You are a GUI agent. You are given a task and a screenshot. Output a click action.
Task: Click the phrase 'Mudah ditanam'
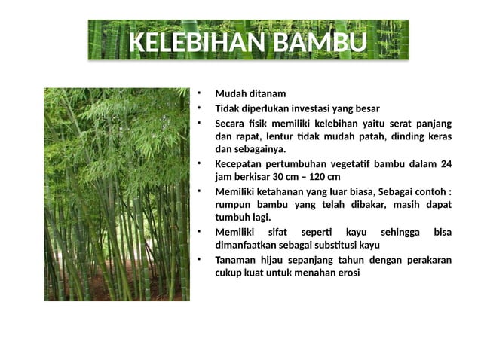point(250,94)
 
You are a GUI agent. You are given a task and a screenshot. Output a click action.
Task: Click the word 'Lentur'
point(276,136)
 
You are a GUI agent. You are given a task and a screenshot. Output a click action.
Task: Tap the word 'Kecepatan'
point(240,163)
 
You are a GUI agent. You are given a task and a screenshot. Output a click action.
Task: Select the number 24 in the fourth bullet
point(446,163)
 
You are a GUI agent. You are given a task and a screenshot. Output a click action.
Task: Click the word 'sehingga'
point(405,232)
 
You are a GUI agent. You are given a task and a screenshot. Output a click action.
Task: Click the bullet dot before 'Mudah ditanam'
point(199,93)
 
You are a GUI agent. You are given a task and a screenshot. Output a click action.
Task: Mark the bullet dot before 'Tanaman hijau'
point(199,258)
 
